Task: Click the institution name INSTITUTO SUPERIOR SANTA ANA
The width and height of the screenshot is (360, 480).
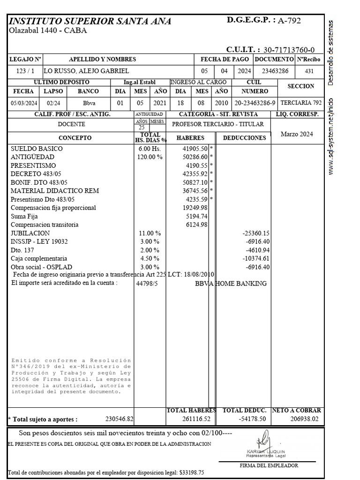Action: click(90, 21)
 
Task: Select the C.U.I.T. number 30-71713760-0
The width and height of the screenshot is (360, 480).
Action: click(289, 50)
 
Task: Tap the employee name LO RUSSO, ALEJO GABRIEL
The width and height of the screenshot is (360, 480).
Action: click(86, 71)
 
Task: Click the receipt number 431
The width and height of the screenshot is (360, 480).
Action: click(309, 71)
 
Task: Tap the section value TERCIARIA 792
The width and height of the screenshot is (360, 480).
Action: click(301, 103)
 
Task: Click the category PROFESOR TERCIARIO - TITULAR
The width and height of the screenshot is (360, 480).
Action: click(218, 124)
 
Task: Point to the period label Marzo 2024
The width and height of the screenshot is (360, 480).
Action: click(297, 134)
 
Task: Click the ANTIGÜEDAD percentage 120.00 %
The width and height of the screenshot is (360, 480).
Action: click(150, 157)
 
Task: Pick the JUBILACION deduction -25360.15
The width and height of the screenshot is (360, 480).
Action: click(255, 233)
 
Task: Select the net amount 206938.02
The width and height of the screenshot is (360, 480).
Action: click(301, 419)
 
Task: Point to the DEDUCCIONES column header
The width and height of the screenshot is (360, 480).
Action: click(244, 138)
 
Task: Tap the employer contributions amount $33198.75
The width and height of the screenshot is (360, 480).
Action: click(192, 472)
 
